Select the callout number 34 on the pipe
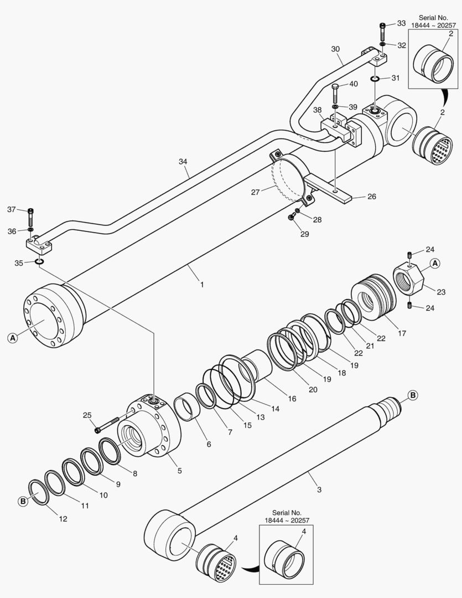[184, 161]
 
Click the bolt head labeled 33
[382, 26]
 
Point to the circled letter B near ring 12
[23, 501]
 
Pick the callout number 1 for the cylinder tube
[202, 285]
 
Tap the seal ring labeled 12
[39, 491]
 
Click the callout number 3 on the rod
[319, 489]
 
